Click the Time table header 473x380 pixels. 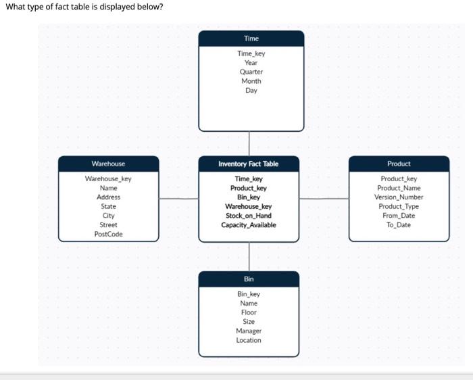251,39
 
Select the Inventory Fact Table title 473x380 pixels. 248,164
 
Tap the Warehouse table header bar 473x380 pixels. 108,164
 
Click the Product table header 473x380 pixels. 399,164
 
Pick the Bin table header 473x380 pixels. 249,279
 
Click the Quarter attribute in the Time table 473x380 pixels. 251,72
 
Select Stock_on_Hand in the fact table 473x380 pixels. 248,216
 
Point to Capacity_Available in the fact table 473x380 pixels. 248,225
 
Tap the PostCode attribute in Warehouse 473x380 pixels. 108,234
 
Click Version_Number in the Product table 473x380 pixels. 399,197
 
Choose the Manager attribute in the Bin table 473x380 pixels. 249,331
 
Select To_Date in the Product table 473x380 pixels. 399,225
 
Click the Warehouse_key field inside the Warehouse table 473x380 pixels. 108,179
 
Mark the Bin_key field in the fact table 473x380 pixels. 248,197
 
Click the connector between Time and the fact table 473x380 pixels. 249,144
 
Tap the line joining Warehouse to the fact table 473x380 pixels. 178,199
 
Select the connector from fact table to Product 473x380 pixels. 324,199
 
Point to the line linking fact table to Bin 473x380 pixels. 249,256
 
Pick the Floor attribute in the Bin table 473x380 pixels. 249,312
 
